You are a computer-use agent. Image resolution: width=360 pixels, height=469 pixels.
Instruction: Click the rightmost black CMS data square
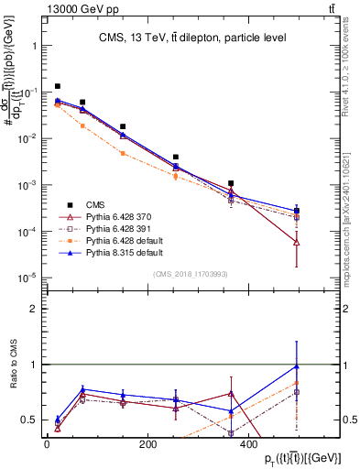pyautogui.click(x=297, y=211)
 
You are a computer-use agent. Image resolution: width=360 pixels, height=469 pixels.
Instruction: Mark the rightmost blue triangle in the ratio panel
pyautogui.click(x=297, y=366)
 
